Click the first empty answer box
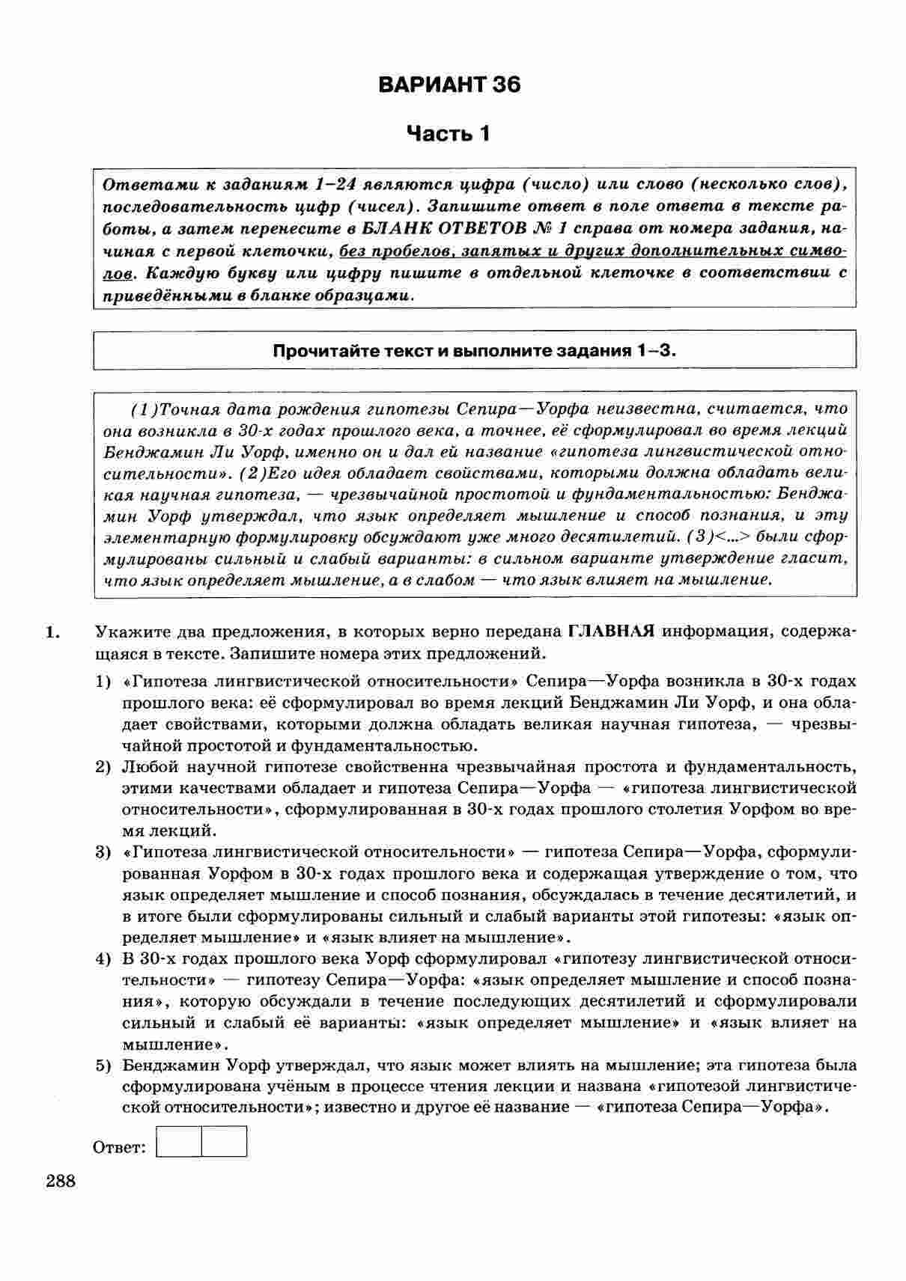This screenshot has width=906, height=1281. coord(179,1141)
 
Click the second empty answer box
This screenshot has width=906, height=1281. coord(224,1141)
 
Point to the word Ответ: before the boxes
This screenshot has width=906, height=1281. coord(120,1147)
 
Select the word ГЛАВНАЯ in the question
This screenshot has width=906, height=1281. coord(611,631)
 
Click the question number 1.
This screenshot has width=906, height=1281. coord(52,632)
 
